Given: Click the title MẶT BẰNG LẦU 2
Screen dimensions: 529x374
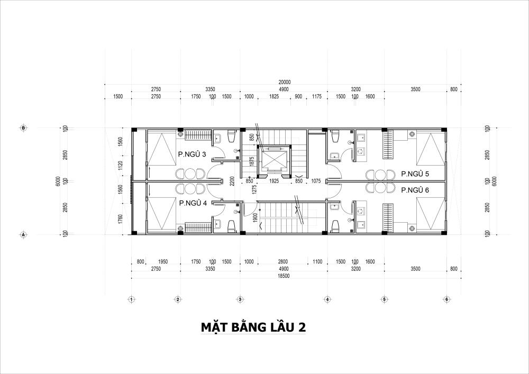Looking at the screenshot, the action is click(x=253, y=327).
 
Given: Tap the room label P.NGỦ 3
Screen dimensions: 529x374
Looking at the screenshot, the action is click(x=192, y=154).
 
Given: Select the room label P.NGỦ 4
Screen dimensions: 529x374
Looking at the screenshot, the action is click(x=193, y=203).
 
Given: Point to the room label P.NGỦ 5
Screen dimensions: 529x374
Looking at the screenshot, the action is click(x=415, y=174).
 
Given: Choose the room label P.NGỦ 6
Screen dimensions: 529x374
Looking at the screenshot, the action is click(x=415, y=190).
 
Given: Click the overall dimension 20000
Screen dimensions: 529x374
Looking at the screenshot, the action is click(x=285, y=82).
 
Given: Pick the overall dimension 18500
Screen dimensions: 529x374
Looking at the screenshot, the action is click(x=284, y=276).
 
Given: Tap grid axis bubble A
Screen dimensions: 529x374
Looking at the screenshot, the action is click(x=23, y=234).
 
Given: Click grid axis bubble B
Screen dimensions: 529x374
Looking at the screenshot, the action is click(x=23, y=128).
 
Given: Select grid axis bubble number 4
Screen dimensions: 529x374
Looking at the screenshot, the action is click(x=327, y=299).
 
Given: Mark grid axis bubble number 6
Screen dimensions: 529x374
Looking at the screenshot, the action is click(x=446, y=299).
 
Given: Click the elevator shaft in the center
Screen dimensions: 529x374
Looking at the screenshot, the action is click(x=273, y=161).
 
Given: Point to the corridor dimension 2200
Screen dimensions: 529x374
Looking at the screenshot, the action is click(x=232, y=181).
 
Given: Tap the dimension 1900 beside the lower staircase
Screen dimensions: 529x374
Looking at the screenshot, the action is click(x=255, y=217).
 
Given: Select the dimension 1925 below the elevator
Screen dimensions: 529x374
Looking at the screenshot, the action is click(x=274, y=181).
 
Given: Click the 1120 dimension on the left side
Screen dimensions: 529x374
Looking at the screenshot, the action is click(x=121, y=166).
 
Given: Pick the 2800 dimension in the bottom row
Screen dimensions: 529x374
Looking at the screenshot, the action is click(x=283, y=261).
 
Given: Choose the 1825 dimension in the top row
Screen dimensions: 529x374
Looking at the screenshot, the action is click(x=274, y=96).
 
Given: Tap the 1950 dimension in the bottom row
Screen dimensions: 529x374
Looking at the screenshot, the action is click(x=162, y=261).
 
